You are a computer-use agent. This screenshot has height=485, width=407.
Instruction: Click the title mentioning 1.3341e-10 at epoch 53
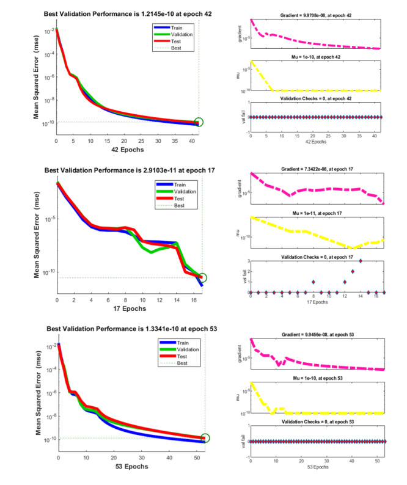(127, 329)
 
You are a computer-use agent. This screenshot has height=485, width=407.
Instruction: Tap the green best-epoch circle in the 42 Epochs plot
(199, 122)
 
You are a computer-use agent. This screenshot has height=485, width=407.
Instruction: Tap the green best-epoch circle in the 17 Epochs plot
(202, 278)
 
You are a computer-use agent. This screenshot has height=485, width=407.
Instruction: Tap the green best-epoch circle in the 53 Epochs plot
(204, 438)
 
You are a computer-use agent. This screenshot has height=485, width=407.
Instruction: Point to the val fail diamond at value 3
(361, 261)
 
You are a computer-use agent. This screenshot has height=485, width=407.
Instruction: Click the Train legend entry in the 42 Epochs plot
(180, 27)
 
